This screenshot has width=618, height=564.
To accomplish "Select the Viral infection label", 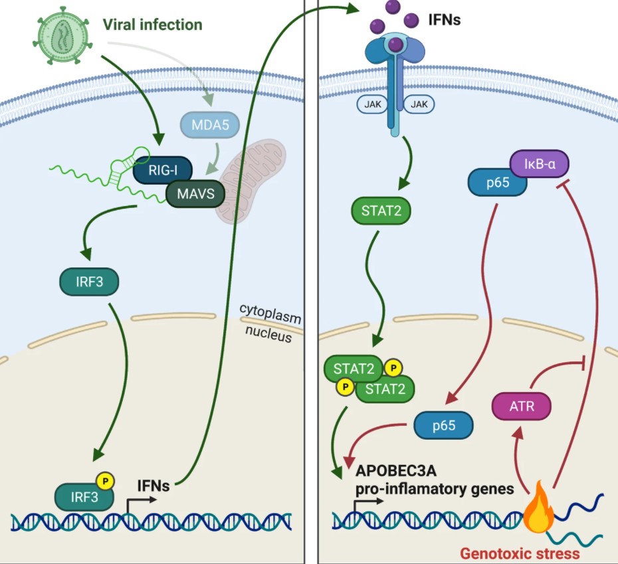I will (152, 25).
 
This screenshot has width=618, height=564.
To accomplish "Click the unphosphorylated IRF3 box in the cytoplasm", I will (88, 281).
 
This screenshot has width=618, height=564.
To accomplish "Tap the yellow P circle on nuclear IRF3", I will (106, 479).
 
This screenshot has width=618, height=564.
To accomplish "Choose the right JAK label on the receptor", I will (419, 104).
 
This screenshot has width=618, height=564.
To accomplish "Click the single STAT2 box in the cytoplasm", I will (381, 212).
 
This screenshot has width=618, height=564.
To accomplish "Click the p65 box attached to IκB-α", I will (498, 183).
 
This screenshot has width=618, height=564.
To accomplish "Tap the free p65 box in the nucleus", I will (443, 425).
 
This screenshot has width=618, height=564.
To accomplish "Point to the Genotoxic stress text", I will (520, 553).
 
